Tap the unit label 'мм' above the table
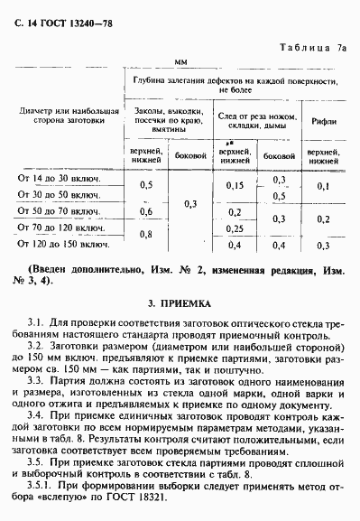click(x=180, y=63)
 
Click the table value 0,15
click(x=235, y=186)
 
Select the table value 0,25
click(x=235, y=228)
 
